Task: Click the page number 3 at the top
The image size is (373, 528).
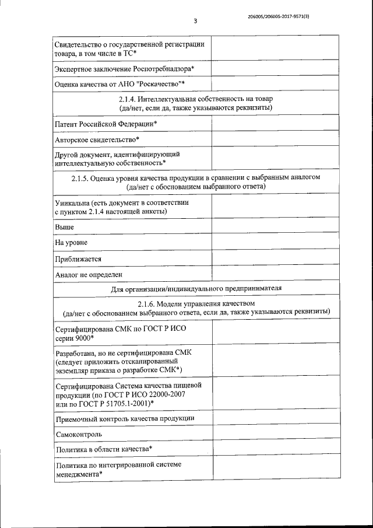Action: coord(195,22)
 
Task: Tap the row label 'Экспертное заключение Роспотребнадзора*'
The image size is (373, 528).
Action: coord(124,69)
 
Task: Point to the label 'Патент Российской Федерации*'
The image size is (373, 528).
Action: coord(106,125)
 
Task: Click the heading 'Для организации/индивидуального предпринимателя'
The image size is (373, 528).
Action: coord(196,288)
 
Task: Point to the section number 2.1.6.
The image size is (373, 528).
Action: coord(148,303)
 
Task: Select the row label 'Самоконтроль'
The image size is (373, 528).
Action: coord(79,435)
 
